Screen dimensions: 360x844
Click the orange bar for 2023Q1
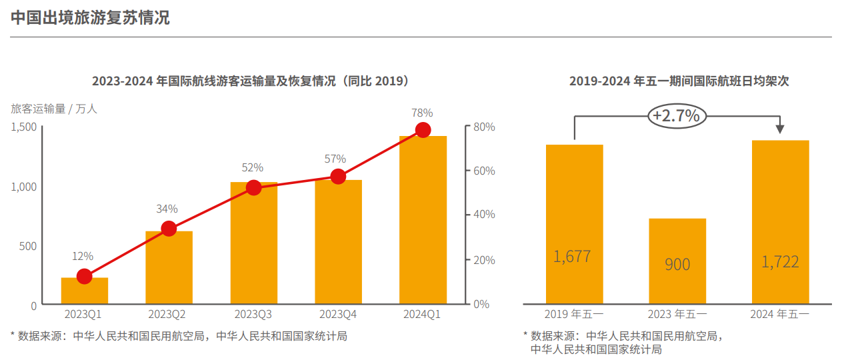[85, 291]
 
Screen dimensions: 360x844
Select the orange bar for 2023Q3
[253, 243]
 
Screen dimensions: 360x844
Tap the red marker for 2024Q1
[423, 129]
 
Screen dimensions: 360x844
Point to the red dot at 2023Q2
[169, 229]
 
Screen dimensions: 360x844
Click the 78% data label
[422, 113]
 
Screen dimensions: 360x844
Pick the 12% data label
[83, 256]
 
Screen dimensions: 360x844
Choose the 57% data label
[335, 159]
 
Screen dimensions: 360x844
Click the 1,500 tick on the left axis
[24, 127]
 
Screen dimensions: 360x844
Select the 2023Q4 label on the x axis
[338, 314]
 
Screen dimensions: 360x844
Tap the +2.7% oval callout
[676, 116]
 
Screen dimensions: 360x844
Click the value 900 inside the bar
[677, 265]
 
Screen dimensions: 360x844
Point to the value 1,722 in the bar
[780, 261]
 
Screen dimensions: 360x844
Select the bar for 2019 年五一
[574, 224]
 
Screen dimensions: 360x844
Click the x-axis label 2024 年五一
[779, 314]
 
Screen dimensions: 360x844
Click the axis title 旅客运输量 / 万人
[54, 109]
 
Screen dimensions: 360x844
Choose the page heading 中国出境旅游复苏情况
[90, 18]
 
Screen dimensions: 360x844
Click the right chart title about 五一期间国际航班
[679, 81]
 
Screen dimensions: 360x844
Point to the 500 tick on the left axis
[28, 246]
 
